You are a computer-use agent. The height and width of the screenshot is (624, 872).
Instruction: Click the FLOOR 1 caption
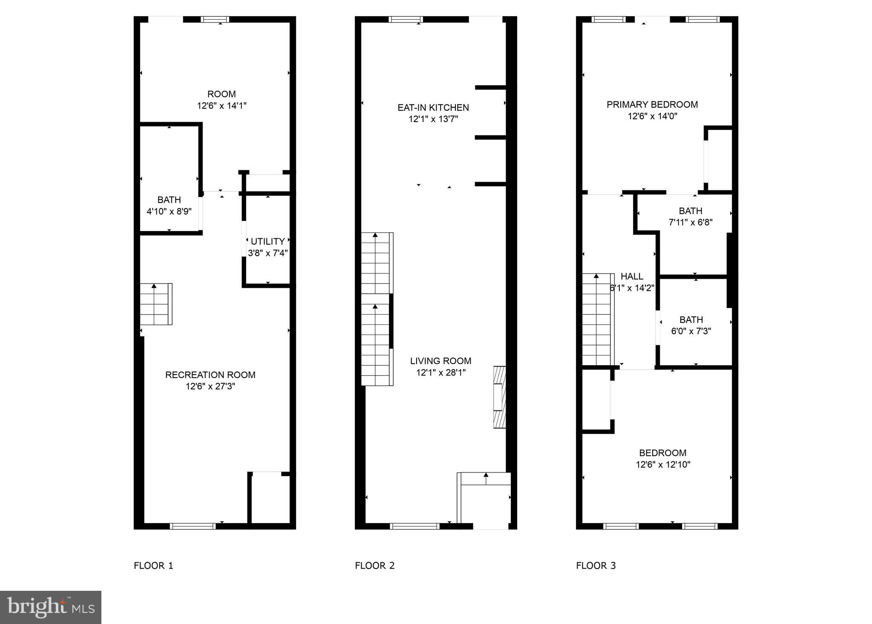[x=153, y=566]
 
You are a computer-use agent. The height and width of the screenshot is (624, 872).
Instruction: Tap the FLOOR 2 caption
[x=374, y=566]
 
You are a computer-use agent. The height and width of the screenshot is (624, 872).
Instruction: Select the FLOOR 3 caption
[x=596, y=566]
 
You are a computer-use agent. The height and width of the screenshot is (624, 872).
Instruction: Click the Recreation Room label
[x=210, y=375]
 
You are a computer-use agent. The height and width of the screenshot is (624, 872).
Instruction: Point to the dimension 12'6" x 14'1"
[x=222, y=106]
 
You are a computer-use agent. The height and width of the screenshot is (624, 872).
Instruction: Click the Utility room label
[x=268, y=241]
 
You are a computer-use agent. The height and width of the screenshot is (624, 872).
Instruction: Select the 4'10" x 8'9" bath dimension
[x=169, y=211]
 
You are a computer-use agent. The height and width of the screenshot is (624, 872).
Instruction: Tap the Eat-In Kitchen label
[x=433, y=108]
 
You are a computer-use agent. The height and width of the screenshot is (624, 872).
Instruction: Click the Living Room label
[x=440, y=361]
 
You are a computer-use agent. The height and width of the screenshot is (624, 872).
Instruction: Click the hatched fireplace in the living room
[x=499, y=397]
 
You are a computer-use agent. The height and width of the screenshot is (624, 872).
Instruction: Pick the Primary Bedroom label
[x=652, y=105]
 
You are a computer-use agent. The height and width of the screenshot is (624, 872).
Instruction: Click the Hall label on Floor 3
[x=632, y=276]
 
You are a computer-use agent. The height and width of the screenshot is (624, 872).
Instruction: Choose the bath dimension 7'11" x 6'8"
[x=690, y=222]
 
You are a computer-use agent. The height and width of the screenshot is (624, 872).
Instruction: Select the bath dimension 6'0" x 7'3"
[x=691, y=331]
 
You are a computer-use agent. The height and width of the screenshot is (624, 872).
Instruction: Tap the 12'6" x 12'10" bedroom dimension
[x=663, y=464]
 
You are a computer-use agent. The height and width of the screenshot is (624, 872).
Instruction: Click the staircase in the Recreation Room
[x=156, y=304]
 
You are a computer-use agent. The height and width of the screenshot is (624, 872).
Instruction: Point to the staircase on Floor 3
[x=598, y=319]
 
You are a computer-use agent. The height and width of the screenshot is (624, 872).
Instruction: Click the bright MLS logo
[x=50, y=607]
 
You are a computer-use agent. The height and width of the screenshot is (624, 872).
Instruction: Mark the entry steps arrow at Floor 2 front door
[x=486, y=478]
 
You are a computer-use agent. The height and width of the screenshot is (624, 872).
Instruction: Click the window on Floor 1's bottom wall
[x=193, y=526]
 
